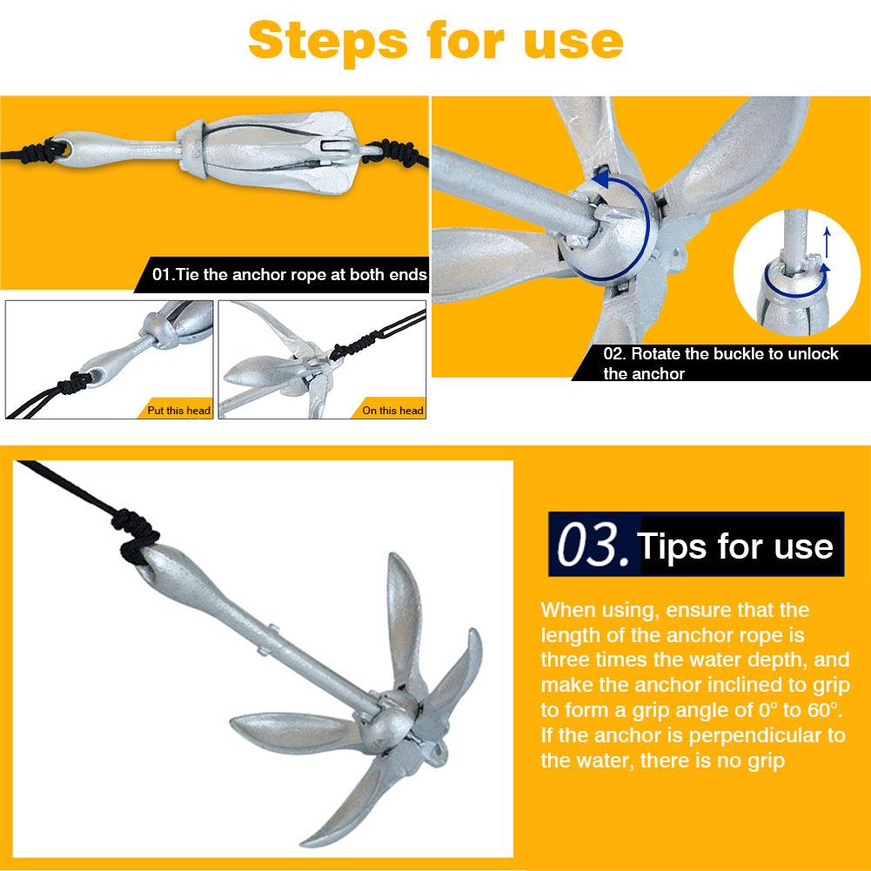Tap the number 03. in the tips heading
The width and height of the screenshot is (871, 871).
[592, 546]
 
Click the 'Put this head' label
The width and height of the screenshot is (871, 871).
[178, 410]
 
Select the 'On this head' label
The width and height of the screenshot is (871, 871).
[392, 410]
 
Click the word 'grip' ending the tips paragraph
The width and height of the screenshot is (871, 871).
[763, 760]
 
